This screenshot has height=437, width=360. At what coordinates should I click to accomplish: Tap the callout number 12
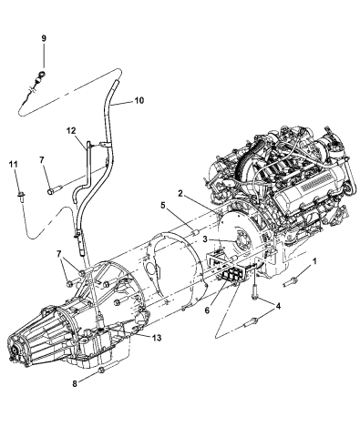pyautogui.click(x=69, y=132)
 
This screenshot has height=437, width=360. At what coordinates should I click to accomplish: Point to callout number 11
pyautogui.click(x=13, y=164)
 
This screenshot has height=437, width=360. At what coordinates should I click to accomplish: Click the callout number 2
pyautogui.click(x=182, y=195)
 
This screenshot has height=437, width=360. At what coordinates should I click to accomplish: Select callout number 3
pyautogui.click(x=207, y=241)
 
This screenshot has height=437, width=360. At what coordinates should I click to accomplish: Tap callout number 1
pyautogui.click(x=315, y=261)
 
